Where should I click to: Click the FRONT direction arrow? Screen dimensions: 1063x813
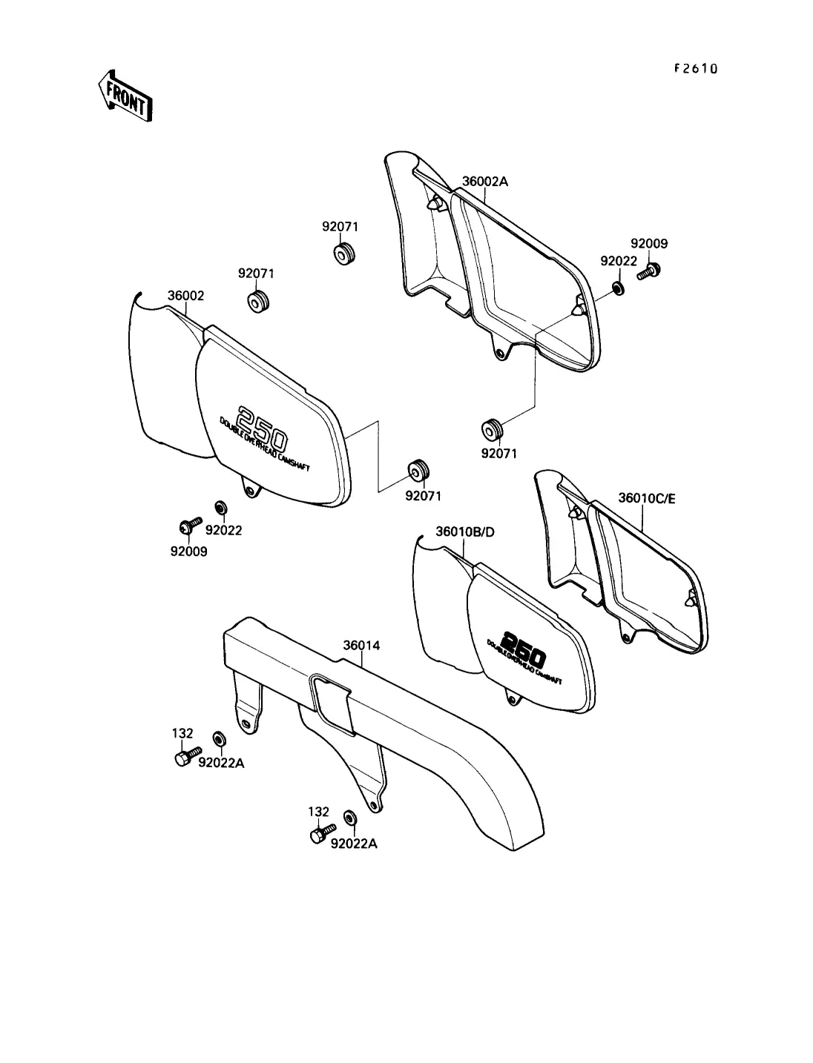coord(124,96)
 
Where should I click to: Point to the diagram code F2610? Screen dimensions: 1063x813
coord(695,69)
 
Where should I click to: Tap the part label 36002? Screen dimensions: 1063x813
coord(185,296)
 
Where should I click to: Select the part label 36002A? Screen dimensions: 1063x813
coord(486,181)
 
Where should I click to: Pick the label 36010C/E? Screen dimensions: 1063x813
coord(648,498)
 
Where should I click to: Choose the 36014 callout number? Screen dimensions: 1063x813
coord(361,645)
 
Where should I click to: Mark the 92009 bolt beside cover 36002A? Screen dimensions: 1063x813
coord(646,272)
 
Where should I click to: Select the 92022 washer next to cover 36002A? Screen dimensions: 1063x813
coord(617,287)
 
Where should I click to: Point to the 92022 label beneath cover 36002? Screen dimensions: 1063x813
coord(223,531)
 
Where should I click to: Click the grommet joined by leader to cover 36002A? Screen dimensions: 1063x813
coord(492,428)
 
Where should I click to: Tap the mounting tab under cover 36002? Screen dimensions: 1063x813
coord(251,489)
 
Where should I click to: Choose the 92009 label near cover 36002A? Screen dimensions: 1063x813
coord(649,243)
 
